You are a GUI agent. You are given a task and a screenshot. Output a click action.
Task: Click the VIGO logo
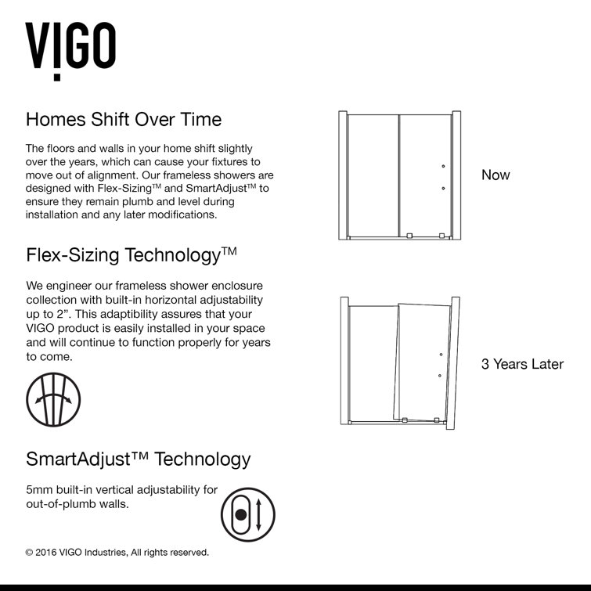[x=71, y=49]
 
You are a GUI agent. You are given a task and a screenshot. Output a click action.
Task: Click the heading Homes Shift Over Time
[x=124, y=120]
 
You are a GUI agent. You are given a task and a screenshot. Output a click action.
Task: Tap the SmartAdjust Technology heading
[x=139, y=458]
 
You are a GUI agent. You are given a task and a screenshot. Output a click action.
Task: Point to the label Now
[x=496, y=175]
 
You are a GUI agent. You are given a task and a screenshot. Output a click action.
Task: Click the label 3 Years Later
[x=522, y=364]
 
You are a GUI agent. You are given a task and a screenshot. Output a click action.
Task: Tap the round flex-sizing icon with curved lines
[x=53, y=399]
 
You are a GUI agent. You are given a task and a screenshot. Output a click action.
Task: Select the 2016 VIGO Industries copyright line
[x=117, y=553]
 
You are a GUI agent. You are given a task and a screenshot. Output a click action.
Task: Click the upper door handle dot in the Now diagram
[x=442, y=166]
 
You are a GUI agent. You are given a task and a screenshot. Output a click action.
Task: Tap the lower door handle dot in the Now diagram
[x=442, y=189]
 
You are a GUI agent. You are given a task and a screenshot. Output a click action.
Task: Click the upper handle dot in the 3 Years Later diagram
[x=441, y=355]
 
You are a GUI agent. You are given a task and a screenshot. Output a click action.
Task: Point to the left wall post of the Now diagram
[x=343, y=175]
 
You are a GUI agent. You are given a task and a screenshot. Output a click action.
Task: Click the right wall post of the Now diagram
[x=456, y=175]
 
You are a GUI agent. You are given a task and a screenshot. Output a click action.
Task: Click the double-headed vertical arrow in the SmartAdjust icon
[x=259, y=515]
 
